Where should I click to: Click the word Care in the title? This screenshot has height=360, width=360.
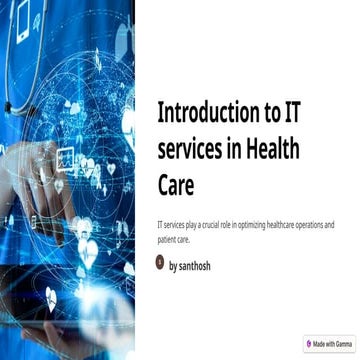pyautogui.click(x=176, y=186)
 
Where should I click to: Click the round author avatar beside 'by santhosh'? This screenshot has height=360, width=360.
pyautogui.click(x=160, y=264)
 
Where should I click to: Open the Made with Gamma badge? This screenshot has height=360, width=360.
pyautogui.click(x=330, y=343)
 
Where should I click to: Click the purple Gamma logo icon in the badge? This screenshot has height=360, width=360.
pyautogui.click(x=310, y=343)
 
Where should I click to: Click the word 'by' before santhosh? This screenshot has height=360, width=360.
pyautogui.click(x=174, y=266)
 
